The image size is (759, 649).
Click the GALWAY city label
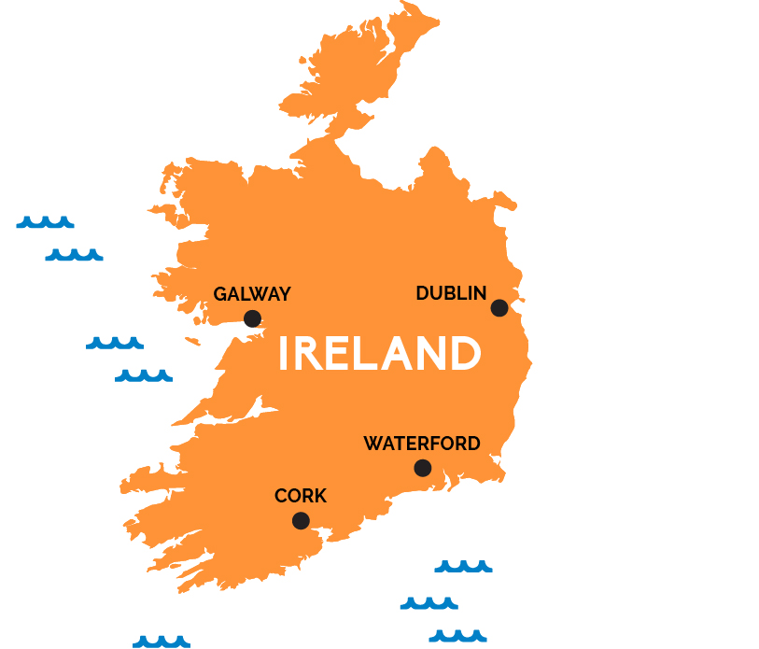(252, 294)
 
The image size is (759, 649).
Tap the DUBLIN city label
(451, 293)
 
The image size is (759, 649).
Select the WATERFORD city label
(422, 444)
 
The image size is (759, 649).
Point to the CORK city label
(301, 497)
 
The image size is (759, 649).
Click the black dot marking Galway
(252, 318)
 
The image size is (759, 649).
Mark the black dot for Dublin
(499, 308)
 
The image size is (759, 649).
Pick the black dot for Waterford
(423, 468)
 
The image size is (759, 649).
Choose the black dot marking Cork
(301, 521)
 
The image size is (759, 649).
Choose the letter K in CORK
(320, 497)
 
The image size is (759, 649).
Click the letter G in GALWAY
(220, 294)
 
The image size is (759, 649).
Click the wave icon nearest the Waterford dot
(463, 566)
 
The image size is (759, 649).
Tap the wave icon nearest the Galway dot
(115, 343)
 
